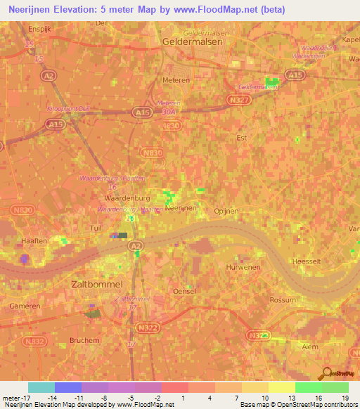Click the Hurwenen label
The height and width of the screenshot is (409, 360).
pos(243,267)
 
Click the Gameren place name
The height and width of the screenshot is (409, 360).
pos(25,306)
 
